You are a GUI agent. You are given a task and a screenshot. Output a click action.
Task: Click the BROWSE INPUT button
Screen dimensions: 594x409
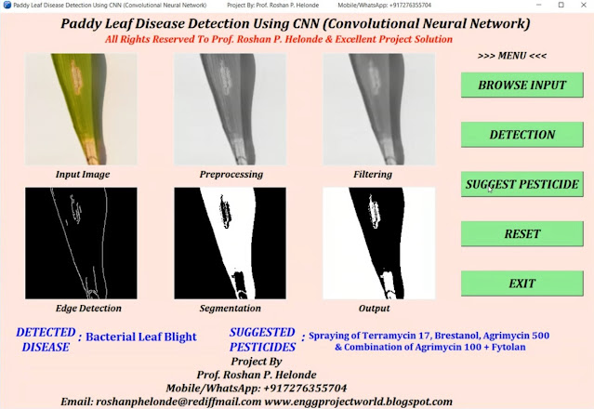click(521, 85)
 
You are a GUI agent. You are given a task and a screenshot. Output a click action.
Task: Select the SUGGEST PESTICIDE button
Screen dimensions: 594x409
click(521, 184)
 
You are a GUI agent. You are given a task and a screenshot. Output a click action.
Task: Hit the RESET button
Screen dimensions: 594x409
click(521, 234)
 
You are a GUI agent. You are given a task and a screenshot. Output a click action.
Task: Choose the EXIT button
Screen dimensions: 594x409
click(521, 284)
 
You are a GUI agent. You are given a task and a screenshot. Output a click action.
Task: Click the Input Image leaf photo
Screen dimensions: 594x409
click(82, 110)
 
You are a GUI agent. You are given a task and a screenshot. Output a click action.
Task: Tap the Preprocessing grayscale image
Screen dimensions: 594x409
click(231, 110)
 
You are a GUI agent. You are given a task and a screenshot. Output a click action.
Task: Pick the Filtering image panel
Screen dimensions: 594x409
click(378, 110)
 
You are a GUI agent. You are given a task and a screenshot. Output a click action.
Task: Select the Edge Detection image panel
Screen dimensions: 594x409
click(82, 244)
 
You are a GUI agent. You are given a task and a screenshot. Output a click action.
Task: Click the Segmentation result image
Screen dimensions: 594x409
click(231, 244)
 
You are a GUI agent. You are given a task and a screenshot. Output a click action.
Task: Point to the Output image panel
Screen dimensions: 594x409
click(378, 244)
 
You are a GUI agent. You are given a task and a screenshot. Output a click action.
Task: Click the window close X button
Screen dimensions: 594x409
click(582, 6)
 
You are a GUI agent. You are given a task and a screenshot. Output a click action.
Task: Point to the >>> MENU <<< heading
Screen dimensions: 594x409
click(512, 56)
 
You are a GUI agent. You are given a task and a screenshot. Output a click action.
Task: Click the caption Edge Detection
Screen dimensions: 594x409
click(82, 309)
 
